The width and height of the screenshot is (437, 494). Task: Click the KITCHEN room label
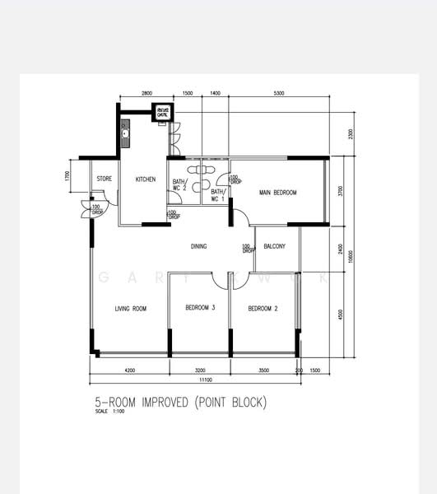(x=145, y=179)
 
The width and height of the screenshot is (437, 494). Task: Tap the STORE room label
(x=104, y=179)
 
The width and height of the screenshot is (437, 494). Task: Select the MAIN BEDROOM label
(x=277, y=193)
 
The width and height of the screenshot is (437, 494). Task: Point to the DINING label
(x=198, y=246)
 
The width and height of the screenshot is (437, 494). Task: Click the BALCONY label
(x=275, y=246)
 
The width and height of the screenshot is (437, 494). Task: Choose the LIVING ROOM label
(x=130, y=309)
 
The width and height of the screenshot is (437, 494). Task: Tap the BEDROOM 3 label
(x=200, y=308)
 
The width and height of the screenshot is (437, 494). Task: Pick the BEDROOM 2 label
(x=263, y=309)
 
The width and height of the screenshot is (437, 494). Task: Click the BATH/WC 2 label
(x=177, y=185)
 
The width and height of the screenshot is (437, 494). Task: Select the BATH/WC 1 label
(x=216, y=195)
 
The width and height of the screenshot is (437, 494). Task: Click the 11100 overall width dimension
(x=205, y=380)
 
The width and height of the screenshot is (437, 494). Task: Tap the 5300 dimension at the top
(x=279, y=94)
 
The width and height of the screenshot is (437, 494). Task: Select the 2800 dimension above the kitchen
(x=146, y=94)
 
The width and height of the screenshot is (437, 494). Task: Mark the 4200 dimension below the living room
(x=129, y=370)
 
